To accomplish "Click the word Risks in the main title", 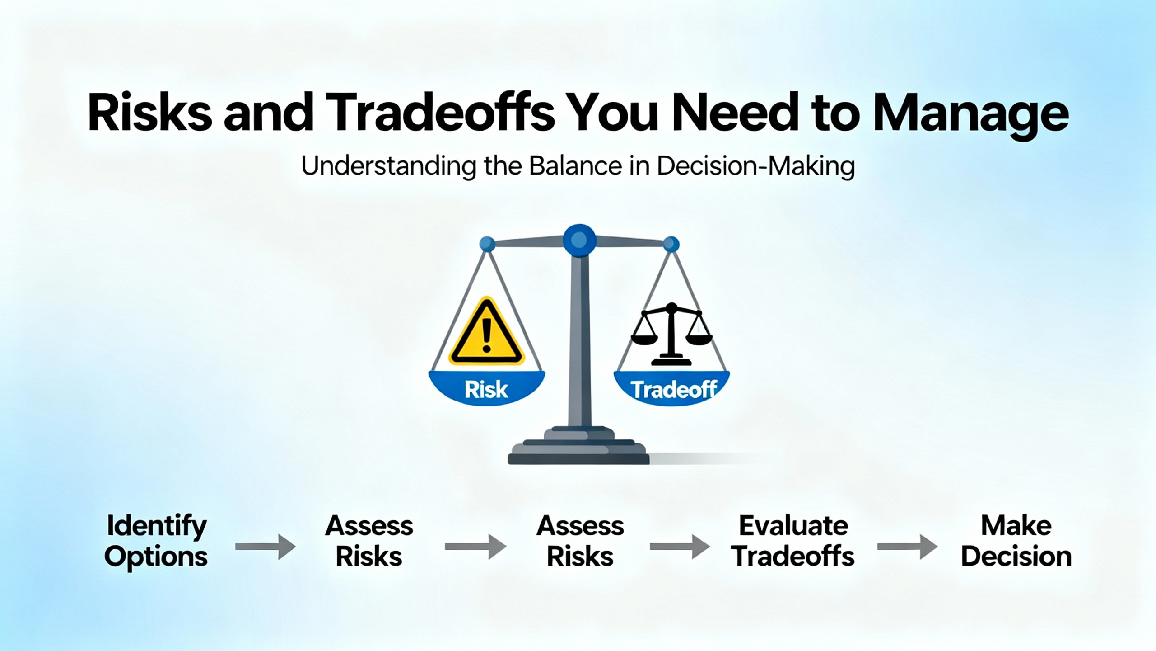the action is [x=149, y=113].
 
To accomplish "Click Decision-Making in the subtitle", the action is [x=756, y=167].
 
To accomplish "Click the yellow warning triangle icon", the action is [x=486, y=331].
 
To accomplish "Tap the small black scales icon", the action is [x=671, y=334].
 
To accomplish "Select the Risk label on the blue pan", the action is [x=486, y=390].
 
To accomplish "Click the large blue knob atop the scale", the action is [x=579, y=240].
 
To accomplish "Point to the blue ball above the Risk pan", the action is [x=487, y=244].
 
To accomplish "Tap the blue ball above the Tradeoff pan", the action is [x=671, y=244].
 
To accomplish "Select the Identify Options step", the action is [x=156, y=541].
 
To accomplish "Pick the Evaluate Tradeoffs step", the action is [x=793, y=541].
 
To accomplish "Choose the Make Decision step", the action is [x=1016, y=541].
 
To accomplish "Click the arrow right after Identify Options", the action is [x=266, y=547].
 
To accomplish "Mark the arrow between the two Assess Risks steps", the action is [x=475, y=547].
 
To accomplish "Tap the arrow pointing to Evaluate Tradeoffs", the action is [x=680, y=547].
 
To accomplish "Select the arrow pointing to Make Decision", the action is [x=908, y=547].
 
